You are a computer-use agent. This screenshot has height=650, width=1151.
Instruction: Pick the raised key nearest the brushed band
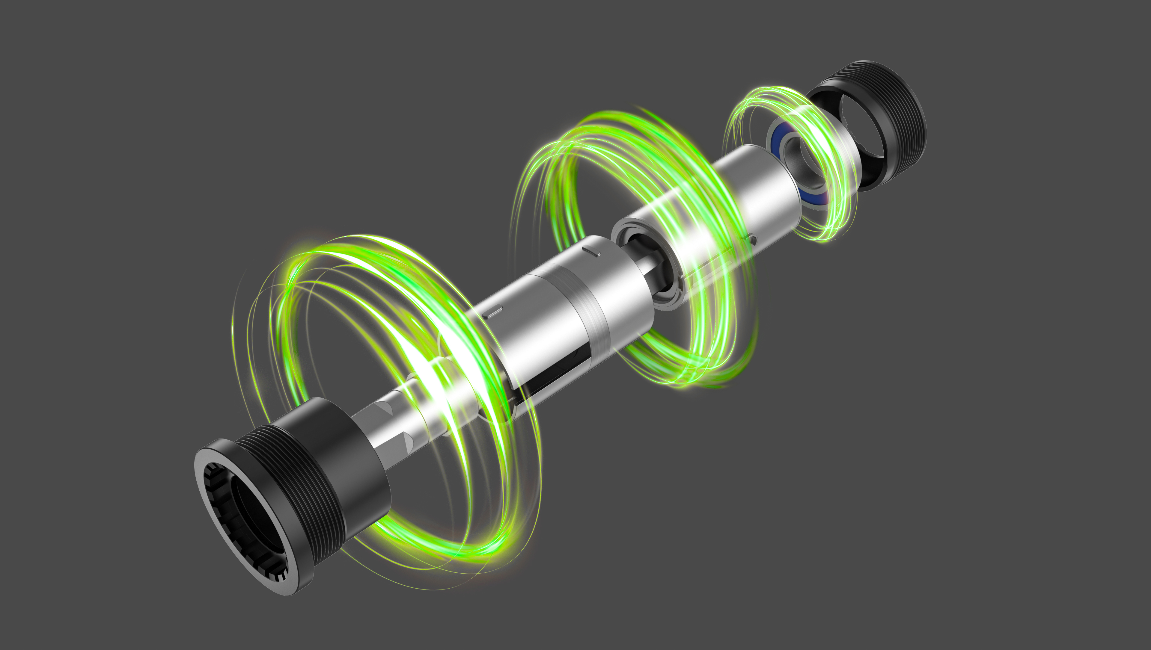594,251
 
